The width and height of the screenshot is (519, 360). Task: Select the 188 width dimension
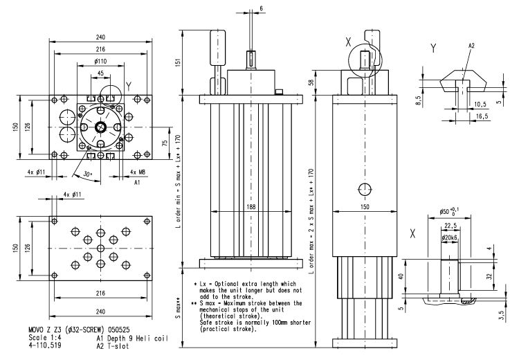click(249, 206)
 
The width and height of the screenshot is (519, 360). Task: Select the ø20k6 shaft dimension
click(453, 239)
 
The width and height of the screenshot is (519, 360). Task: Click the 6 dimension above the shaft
click(261, 8)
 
